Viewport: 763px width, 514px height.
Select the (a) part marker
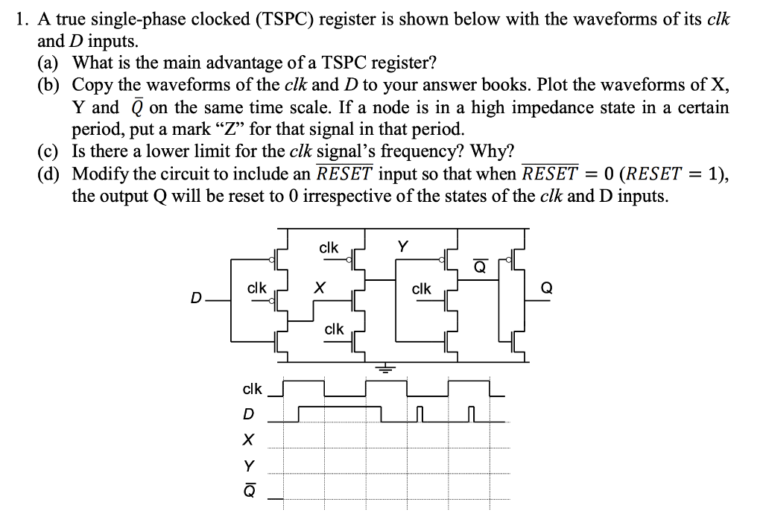pos(51,62)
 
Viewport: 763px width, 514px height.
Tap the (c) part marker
pos(51,151)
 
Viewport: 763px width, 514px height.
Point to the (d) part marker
pos(51,175)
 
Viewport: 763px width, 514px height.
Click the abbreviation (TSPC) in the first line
pos(288,20)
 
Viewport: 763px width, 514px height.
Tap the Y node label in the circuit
pos(403,247)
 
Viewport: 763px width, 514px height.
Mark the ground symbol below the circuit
pos(387,367)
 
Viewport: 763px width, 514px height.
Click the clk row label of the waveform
pos(252,389)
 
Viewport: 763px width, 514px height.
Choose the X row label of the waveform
pos(250,440)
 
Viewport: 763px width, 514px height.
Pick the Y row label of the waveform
pos(250,466)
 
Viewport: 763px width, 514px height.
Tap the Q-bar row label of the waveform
pos(250,491)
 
